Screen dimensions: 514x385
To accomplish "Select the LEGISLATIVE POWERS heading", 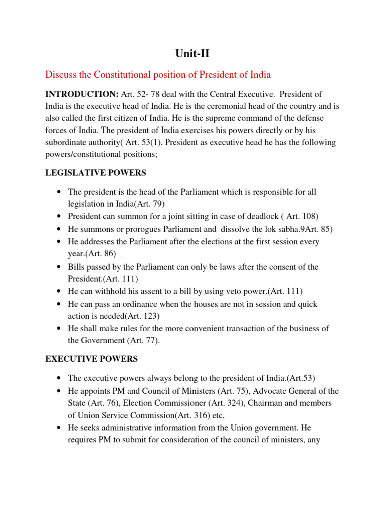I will (95, 173).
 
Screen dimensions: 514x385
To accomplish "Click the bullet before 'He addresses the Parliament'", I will (60, 241).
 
